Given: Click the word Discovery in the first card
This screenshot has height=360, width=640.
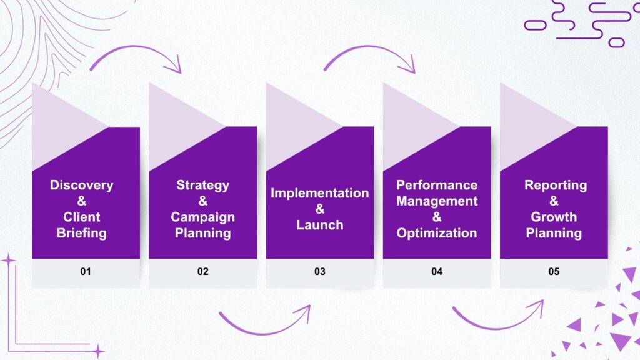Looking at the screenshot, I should click(x=82, y=185).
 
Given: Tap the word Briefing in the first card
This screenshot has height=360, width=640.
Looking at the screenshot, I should click(x=82, y=233).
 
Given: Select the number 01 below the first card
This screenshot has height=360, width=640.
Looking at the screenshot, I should click(x=86, y=272).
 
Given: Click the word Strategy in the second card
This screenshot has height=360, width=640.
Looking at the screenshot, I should click(x=202, y=185).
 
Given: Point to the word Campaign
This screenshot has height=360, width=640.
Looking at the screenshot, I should click(x=202, y=217).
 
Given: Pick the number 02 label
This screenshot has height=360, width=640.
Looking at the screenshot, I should click(x=202, y=272).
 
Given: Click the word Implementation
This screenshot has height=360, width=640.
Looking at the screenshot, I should click(x=319, y=193).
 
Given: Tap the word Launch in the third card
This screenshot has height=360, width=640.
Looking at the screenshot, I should click(x=319, y=225).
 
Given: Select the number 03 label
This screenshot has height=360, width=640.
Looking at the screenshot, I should click(x=319, y=272).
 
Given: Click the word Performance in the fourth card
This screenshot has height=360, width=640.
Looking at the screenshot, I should click(x=437, y=185).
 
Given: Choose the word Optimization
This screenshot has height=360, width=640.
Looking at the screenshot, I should click(x=437, y=233).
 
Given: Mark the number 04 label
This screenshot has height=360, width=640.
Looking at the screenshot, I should click(x=437, y=272).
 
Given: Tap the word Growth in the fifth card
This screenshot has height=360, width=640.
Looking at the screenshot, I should click(x=554, y=217).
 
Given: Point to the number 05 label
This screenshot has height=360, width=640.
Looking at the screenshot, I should click(x=554, y=272).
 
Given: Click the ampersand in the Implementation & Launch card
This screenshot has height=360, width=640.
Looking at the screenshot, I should click(x=319, y=209).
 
